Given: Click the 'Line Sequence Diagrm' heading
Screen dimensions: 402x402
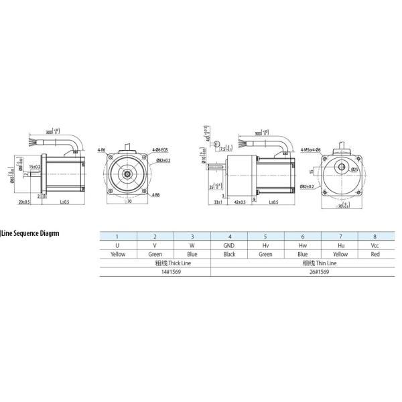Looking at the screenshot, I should [31, 234].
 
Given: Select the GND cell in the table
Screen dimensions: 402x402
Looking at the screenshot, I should [229, 245].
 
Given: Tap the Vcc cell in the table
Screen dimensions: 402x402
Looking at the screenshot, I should [375, 245].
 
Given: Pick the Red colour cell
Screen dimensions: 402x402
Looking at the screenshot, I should [375, 255].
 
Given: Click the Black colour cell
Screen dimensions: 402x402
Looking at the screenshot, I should [229, 255].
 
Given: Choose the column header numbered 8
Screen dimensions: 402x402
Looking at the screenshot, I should [375, 236].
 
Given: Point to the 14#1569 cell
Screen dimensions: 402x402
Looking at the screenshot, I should [155, 273].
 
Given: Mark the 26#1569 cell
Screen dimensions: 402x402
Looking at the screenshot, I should [301, 273].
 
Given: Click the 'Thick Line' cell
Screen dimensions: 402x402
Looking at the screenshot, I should [155, 264].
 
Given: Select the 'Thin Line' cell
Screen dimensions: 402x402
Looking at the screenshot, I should [301, 264].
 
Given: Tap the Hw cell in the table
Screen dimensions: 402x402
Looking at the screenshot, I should [302, 245].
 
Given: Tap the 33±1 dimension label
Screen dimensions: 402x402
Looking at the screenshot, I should [217, 202].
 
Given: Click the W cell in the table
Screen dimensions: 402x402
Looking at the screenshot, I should [192, 245].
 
